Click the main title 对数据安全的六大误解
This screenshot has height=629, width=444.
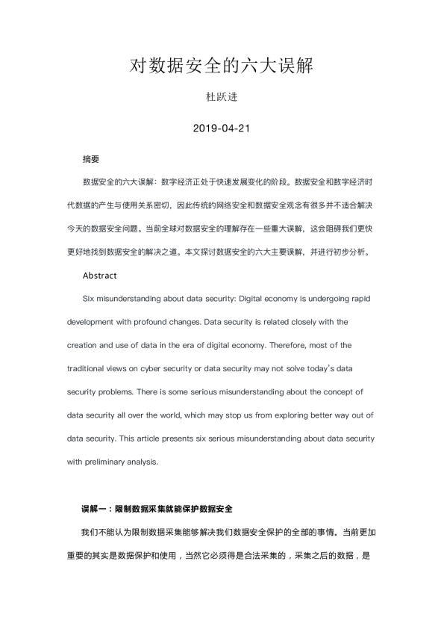coord(222,66)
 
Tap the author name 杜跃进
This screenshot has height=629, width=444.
coord(222,97)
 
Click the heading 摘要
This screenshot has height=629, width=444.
coord(90,159)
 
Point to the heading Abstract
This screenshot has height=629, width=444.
coord(99,276)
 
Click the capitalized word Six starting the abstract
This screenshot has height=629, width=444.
coord(90,299)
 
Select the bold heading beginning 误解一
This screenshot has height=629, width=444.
coord(157,509)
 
